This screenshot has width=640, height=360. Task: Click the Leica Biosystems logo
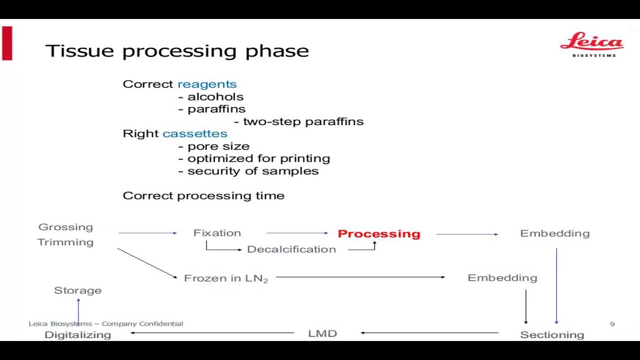(592, 44)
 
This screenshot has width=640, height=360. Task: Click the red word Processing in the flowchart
(379, 233)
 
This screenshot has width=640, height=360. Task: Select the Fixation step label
(217, 233)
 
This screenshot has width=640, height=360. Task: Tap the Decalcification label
(291, 249)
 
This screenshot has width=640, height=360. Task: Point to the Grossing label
(65, 227)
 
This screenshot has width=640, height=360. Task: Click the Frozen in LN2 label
(226, 278)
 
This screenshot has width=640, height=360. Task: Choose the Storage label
(77, 290)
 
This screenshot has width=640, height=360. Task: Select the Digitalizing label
(77, 335)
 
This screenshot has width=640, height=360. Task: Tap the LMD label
(322, 333)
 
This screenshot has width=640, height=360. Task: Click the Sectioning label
(552, 335)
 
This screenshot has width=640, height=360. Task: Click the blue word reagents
(207, 84)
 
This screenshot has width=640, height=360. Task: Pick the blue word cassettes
(195, 133)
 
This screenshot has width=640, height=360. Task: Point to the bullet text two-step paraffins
(303, 121)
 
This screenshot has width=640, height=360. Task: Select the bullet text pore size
(218, 146)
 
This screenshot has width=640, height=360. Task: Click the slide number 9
(612, 324)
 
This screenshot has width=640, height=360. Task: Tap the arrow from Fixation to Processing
(297, 233)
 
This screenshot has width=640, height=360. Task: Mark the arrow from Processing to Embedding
(467, 234)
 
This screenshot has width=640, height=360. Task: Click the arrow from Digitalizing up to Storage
(78, 311)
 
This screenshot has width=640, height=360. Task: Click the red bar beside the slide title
(7, 43)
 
